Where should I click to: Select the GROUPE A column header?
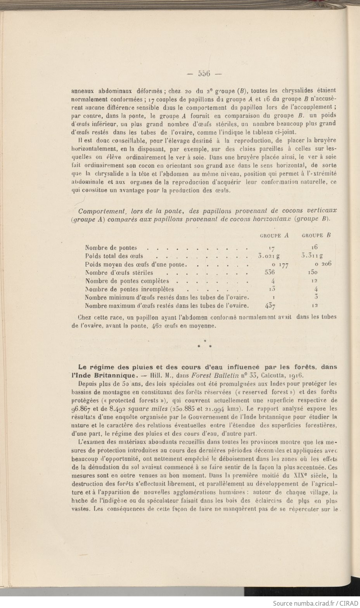pos(274,235)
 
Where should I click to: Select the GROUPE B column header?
pos(316,235)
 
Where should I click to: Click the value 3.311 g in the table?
pos(314,256)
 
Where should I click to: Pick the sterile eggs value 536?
pos(269,273)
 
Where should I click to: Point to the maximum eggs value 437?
pos(269,306)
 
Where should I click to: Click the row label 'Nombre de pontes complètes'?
pos(127,281)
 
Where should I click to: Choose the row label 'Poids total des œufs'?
pos(114,256)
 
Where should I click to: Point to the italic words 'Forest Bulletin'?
pos(212,375)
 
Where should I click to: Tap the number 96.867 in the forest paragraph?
pos(82,408)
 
